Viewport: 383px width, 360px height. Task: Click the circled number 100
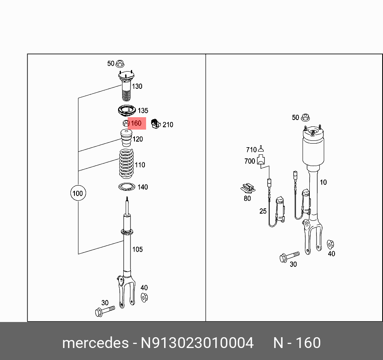point(77,193)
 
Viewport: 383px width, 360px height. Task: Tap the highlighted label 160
point(136,124)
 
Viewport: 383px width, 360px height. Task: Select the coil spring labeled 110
point(126,165)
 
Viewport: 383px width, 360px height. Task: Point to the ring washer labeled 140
point(127,186)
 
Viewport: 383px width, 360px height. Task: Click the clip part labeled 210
point(155,124)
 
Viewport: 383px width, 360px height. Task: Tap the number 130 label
point(137,86)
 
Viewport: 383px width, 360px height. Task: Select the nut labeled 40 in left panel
point(144,297)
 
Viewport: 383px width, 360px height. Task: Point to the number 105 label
point(137,250)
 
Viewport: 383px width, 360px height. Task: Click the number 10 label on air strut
point(323,182)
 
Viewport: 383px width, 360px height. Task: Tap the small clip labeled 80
point(248,187)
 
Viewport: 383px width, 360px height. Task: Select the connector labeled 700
point(261,160)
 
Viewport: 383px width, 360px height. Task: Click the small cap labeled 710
point(261,149)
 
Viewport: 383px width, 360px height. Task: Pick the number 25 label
point(263,211)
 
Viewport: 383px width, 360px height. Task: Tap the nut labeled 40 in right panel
point(331,244)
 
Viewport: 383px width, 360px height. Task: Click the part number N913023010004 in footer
point(197,343)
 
